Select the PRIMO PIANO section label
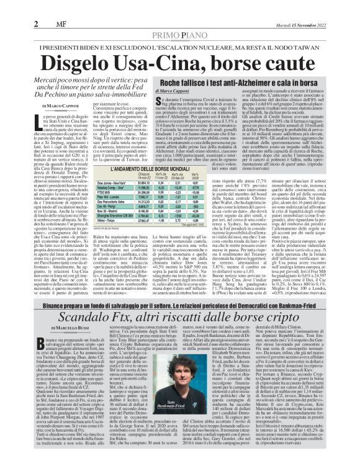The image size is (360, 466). point(180,19)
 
